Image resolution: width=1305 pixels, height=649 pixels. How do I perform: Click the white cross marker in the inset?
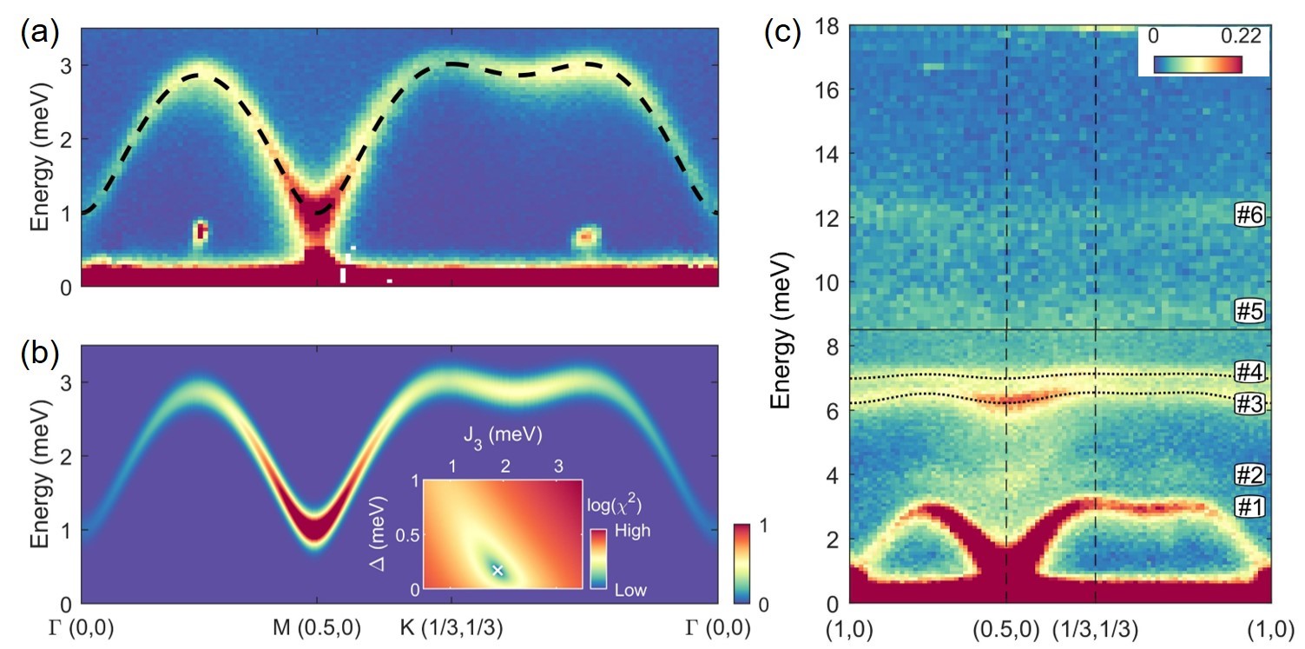pos(498,570)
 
